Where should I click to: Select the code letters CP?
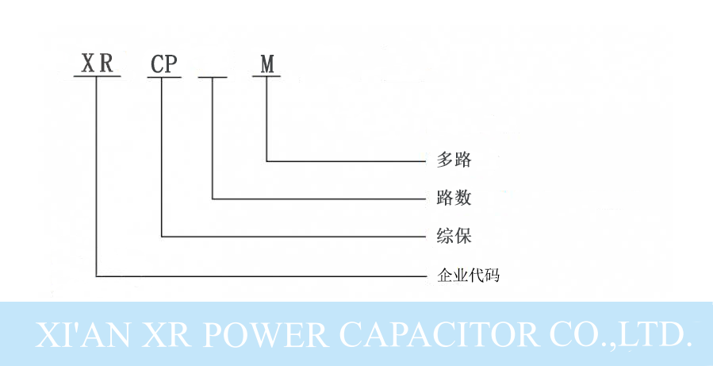tap(164, 65)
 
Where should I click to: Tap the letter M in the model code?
tap(268, 64)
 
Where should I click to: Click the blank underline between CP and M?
tap(213, 77)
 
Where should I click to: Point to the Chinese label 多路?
tap(454, 160)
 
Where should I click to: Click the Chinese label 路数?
tap(454, 196)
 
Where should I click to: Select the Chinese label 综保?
tap(454, 235)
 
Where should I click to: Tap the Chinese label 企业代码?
tap(468, 275)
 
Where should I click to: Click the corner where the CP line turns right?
tap(161, 236)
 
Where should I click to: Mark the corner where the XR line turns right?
tap(96, 276)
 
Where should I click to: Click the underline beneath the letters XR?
tap(96, 77)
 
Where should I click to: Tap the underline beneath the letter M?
tap(267, 77)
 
